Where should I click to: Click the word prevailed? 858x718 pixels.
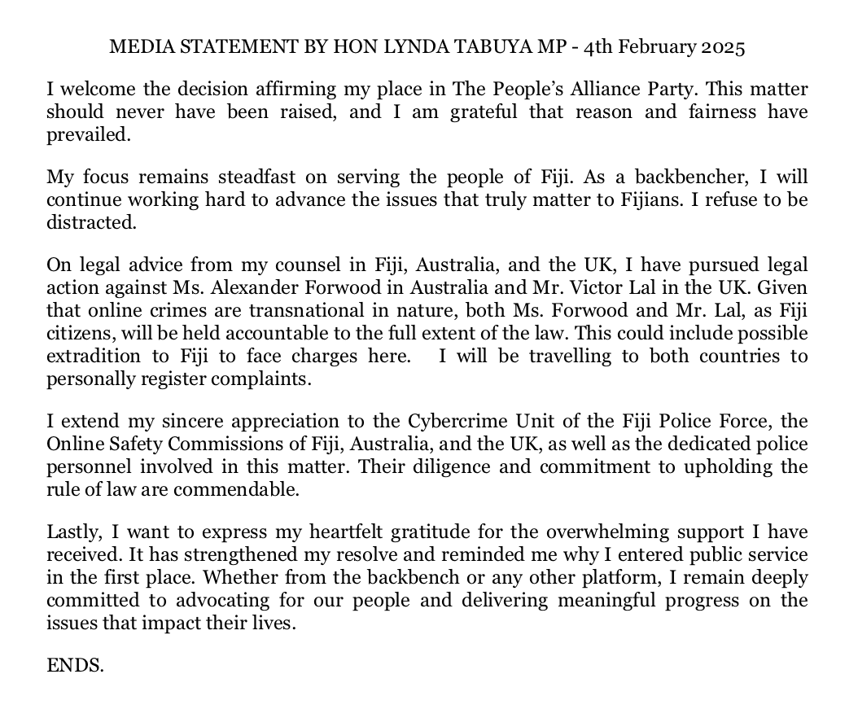[x=88, y=135]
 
